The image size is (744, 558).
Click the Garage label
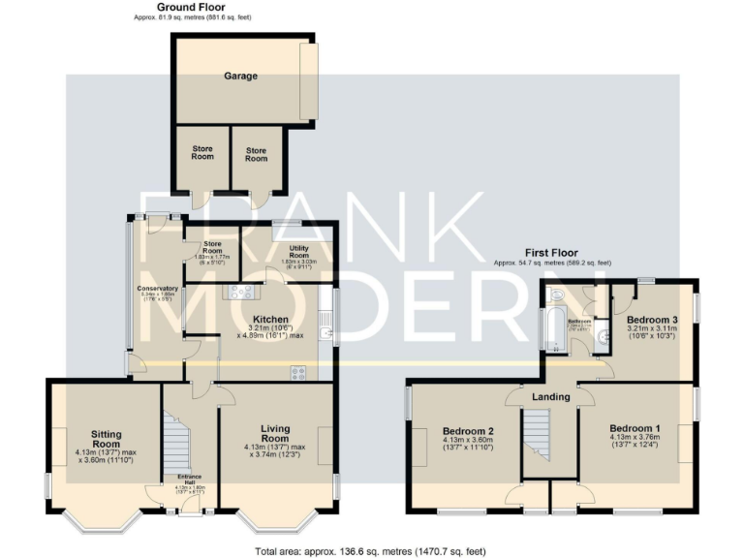click(241, 76)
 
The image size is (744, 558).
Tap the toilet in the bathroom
click(554, 292)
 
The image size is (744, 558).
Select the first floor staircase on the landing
click(536, 435)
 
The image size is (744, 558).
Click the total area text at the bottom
click(372, 550)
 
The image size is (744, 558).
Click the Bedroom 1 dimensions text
click(635, 443)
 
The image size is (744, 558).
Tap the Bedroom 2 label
click(469, 431)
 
